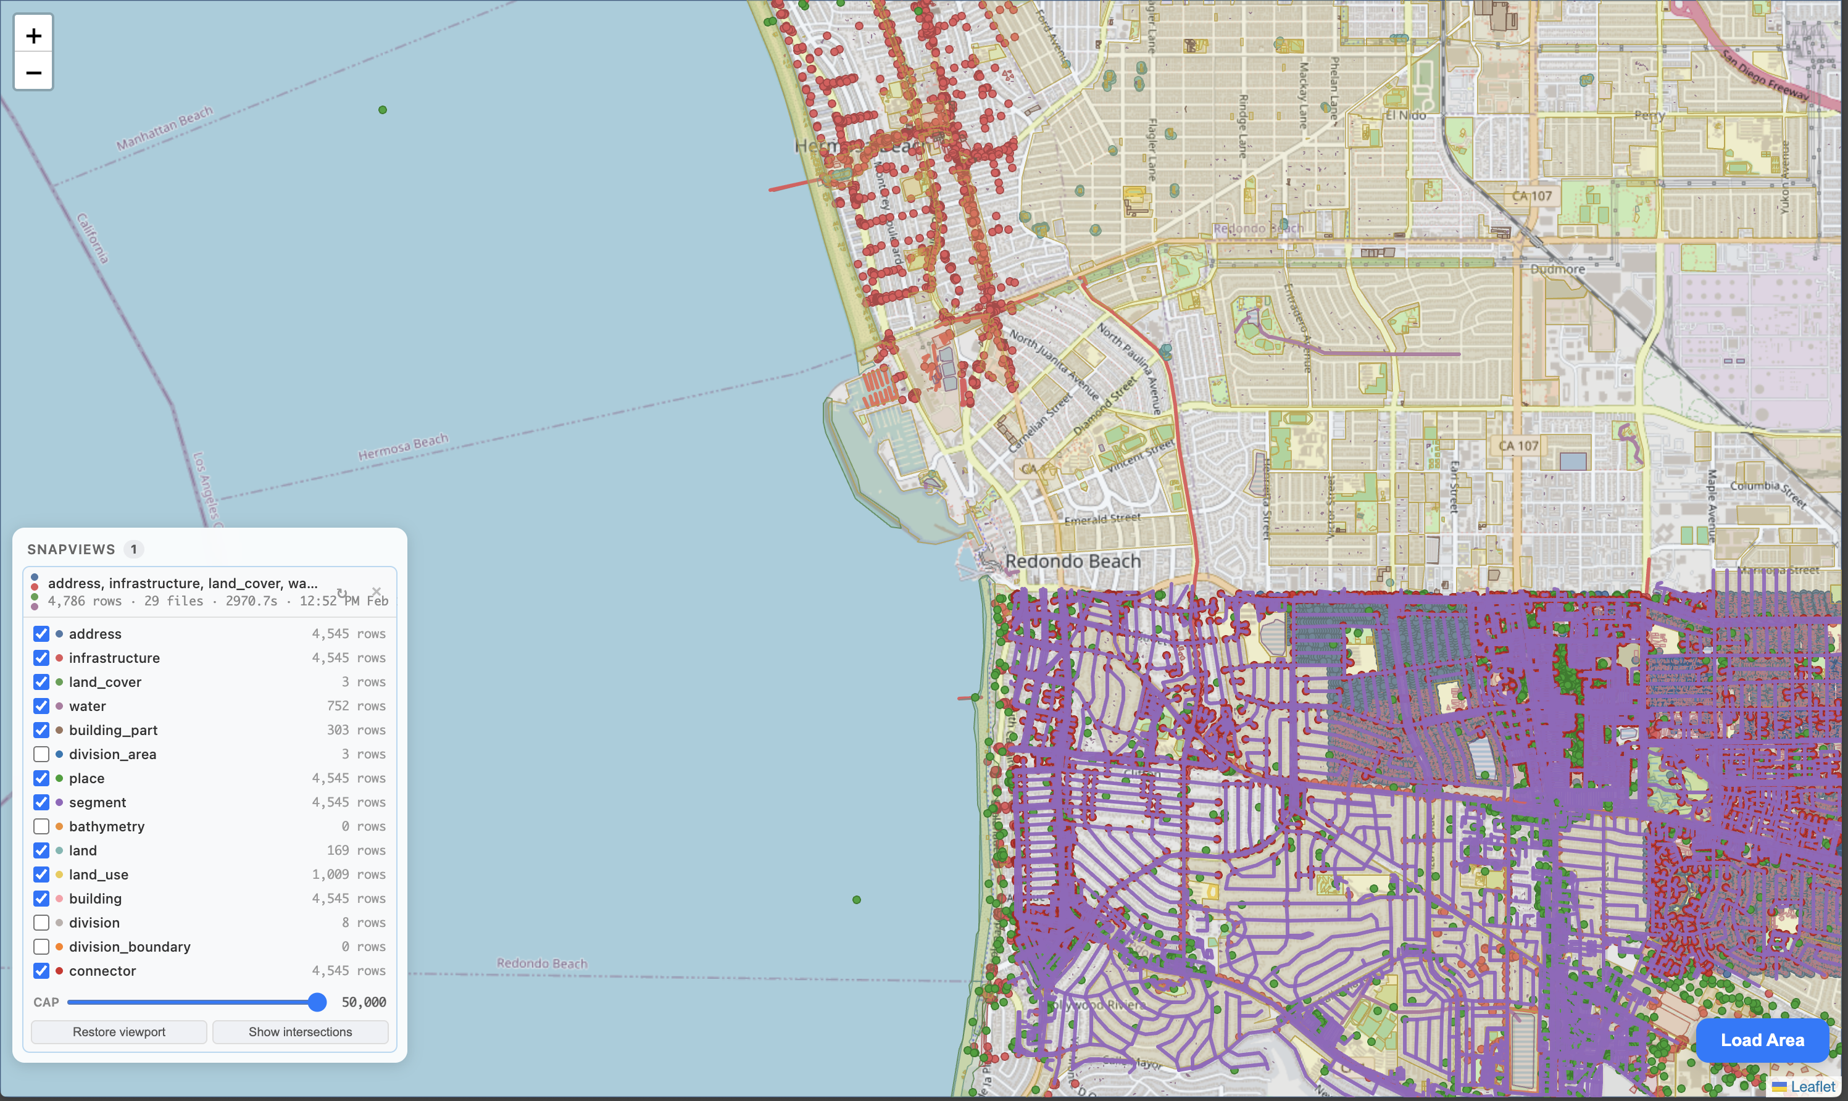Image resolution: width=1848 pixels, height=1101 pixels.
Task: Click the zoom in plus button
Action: click(x=33, y=36)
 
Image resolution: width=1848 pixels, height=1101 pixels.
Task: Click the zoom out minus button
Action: click(x=33, y=73)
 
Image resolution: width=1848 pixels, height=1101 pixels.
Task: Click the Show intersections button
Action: click(x=300, y=1032)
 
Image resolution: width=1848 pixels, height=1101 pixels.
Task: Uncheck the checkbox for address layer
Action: click(x=41, y=634)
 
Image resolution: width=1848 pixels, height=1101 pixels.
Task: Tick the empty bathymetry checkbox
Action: click(x=41, y=826)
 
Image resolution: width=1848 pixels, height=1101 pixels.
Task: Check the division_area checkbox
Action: click(x=41, y=755)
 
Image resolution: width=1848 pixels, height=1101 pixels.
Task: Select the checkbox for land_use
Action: click(x=41, y=875)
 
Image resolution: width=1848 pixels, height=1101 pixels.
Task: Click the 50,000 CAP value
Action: click(x=364, y=1002)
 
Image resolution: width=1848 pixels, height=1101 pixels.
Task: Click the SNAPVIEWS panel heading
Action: click(x=71, y=550)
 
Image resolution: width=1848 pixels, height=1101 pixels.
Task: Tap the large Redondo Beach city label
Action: click(x=1073, y=562)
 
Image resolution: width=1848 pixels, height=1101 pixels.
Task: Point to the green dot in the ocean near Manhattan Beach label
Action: click(x=383, y=110)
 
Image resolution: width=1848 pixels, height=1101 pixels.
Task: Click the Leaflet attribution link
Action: click(x=1812, y=1087)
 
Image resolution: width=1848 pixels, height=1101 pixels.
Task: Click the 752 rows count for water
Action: click(x=356, y=706)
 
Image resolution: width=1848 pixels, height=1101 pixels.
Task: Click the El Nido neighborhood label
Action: click(x=1405, y=116)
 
